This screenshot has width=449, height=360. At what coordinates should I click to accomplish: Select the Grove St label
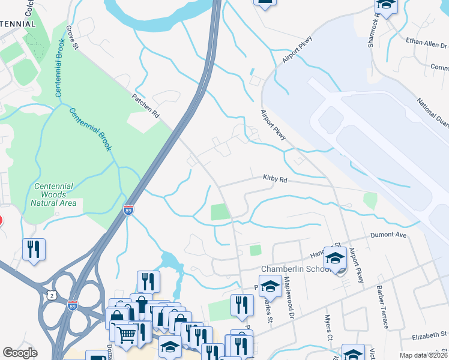tap(73, 36)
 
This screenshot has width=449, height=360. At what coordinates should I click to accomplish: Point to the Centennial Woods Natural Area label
tap(54, 194)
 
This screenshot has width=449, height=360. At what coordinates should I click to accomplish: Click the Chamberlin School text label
tap(295, 269)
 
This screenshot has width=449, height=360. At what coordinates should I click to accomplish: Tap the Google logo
tap(20, 353)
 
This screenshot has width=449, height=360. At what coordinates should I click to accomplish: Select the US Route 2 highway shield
tap(53, 295)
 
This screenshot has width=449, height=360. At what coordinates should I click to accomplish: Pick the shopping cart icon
tap(126, 334)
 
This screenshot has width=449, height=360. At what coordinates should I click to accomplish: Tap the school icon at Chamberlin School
tap(334, 259)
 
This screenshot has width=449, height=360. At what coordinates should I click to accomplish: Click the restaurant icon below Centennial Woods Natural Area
tap(34, 250)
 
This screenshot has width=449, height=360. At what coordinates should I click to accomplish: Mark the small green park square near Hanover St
tap(256, 250)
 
